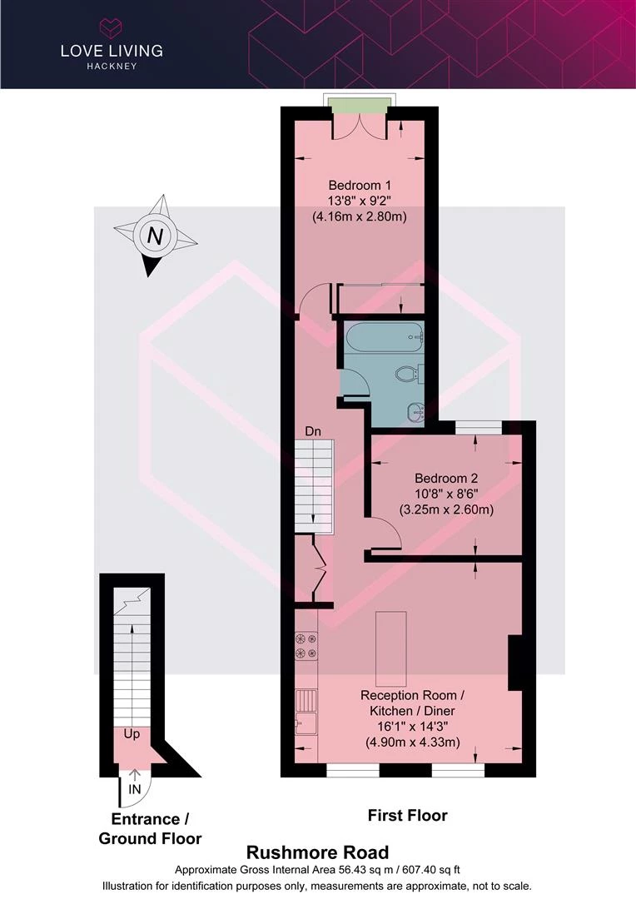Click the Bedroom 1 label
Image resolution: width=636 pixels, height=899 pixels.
[x=360, y=185]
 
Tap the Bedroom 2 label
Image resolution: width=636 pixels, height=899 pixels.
[x=446, y=478]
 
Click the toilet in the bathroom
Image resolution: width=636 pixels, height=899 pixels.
[x=409, y=374]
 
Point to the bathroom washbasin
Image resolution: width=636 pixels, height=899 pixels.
[x=415, y=411]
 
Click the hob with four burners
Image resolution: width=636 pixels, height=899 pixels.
[x=306, y=646]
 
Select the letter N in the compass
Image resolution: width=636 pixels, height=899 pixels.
[x=155, y=236]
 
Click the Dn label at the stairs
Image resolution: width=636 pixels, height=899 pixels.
[x=312, y=431]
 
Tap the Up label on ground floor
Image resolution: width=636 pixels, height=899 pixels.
[x=132, y=734]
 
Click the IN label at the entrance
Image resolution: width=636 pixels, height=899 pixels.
[x=134, y=789]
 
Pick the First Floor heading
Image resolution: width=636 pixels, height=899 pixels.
[x=407, y=815]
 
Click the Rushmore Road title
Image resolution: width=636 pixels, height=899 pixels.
[x=317, y=852]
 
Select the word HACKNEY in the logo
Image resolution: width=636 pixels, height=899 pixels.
[x=112, y=66]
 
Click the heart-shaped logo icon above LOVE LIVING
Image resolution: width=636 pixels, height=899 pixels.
[x=112, y=27]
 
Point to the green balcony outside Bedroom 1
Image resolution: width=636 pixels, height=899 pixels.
[x=360, y=106]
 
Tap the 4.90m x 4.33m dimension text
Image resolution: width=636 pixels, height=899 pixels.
[x=413, y=743]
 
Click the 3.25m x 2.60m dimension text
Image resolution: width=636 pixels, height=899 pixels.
[x=446, y=509]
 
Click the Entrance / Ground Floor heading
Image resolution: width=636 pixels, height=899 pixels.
[x=150, y=828]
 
